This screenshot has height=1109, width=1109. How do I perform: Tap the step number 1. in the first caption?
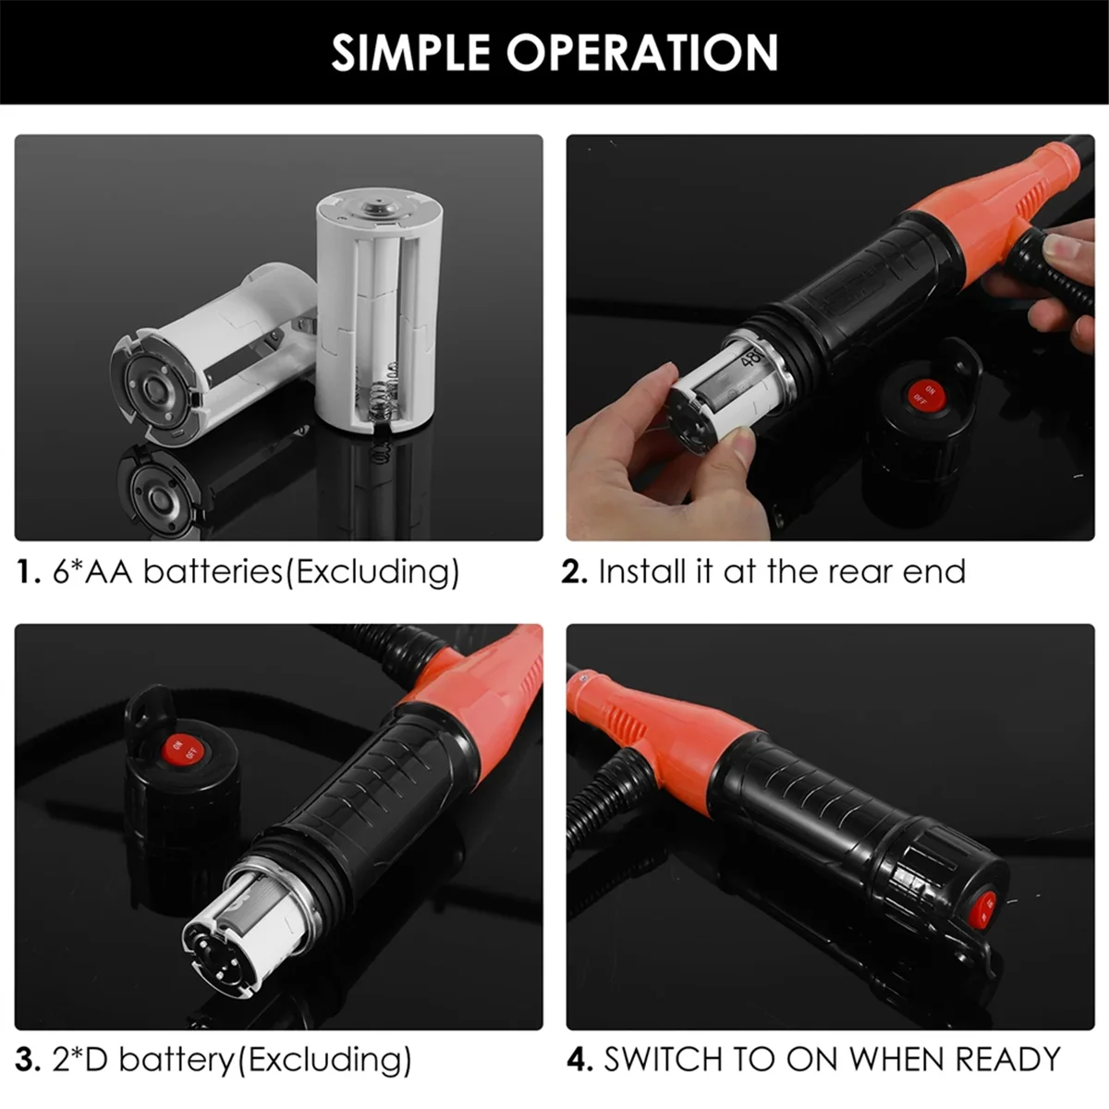28,572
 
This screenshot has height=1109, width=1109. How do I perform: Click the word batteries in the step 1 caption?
213,572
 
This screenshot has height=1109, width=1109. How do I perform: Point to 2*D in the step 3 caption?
81,1059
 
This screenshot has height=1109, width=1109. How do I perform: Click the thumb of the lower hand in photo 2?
737,448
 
